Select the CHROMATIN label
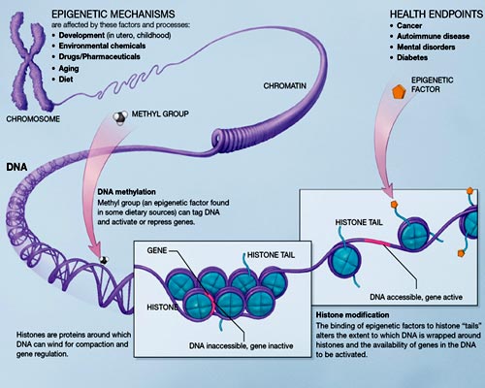290,86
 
